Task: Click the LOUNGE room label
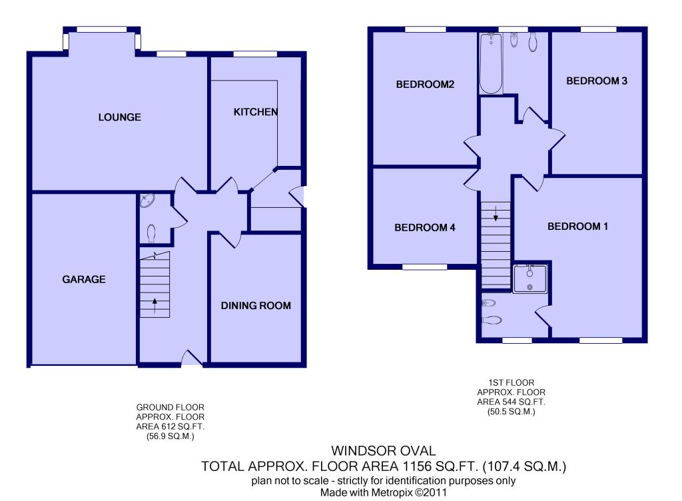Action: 120,117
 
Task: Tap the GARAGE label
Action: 84,279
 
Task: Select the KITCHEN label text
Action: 256,112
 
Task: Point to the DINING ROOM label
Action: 256,306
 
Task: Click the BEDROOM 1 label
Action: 577,226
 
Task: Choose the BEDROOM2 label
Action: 425,85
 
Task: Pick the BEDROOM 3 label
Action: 597,81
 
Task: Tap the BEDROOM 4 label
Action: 425,227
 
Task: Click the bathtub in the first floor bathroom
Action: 491,63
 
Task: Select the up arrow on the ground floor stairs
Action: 155,305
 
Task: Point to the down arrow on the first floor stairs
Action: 496,213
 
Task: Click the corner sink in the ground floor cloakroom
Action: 147,201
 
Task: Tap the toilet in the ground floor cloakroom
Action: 151,233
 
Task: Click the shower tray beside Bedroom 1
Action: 530,278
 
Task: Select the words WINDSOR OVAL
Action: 384,451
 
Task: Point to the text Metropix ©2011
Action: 409,493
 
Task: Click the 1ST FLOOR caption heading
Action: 511,382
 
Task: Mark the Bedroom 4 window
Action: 424,266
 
